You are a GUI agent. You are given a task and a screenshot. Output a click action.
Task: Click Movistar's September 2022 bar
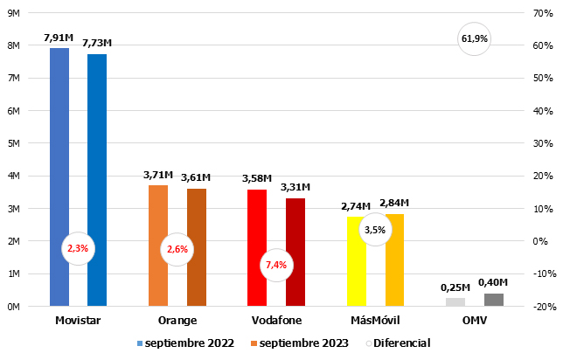click(x=59, y=175)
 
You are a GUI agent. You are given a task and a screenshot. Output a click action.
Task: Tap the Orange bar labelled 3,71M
click(x=158, y=246)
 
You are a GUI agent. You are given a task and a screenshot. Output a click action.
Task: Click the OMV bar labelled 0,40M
click(x=494, y=300)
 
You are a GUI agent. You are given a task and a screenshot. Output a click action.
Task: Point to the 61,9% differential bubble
click(x=474, y=38)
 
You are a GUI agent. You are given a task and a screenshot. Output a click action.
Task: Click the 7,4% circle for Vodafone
click(x=276, y=265)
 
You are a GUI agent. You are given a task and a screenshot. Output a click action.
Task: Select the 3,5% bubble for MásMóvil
click(x=375, y=230)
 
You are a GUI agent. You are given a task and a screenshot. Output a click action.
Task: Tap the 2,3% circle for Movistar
click(x=78, y=248)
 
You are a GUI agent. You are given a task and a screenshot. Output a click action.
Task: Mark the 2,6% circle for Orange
click(x=177, y=249)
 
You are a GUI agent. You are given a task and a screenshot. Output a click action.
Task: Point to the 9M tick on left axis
click(x=13, y=13)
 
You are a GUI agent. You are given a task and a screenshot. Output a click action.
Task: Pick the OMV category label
click(x=474, y=321)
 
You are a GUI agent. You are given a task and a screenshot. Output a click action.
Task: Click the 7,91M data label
click(x=59, y=38)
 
